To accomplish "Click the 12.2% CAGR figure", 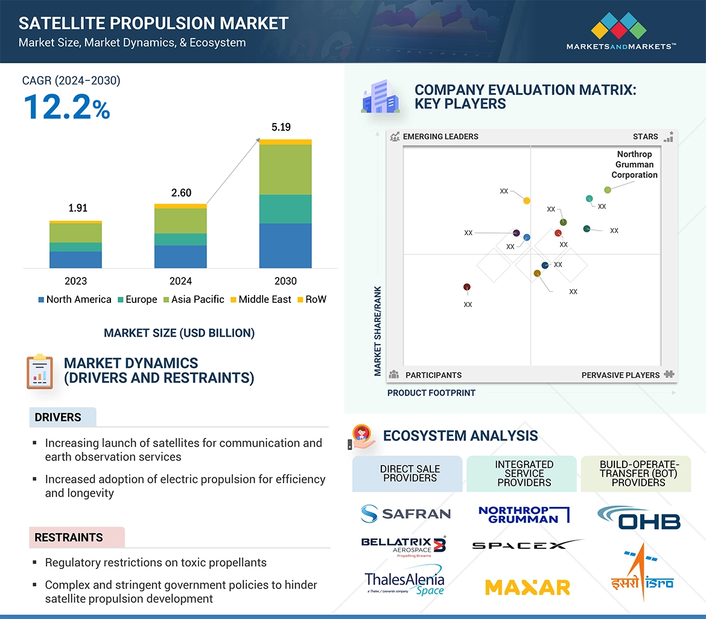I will pyautogui.click(x=66, y=107).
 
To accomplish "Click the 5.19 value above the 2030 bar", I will pyautogui.click(x=281, y=127).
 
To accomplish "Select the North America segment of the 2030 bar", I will pyautogui.click(x=285, y=246).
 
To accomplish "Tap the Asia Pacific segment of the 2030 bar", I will pyautogui.click(x=285, y=170).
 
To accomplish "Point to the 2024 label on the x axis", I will pyautogui.click(x=180, y=281).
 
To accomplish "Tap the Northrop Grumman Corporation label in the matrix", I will pyautogui.click(x=634, y=165).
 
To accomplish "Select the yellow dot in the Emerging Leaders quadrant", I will pyautogui.click(x=527, y=200).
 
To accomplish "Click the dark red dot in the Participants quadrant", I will pyautogui.click(x=466, y=287).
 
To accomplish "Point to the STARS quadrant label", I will pyautogui.click(x=645, y=136).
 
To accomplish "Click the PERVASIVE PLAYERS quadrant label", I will pyautogui.click(x=620, y=375).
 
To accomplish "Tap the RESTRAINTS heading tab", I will pyautogui.click(x=69, y=537).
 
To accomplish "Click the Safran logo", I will pyautogui.click(x=405, y=513).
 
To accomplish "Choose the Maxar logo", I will pyautogui.click(x=527, y=586).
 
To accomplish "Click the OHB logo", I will pyautogui.click(x=638, y=518).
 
